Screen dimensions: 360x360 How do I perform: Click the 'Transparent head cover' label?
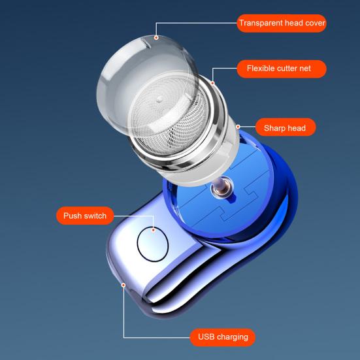click(282, 24)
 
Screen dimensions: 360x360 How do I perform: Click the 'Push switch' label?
click(85, 216)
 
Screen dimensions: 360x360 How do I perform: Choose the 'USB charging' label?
click(223, 337)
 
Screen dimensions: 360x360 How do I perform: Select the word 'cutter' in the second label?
click(287, 68)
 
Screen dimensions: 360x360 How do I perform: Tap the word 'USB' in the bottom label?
click(206, 337)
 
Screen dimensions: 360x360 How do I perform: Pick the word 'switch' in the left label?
click(95, 216)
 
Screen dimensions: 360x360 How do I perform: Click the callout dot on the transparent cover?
click(156, 38)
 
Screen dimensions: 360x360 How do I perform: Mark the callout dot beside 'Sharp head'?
click(237, 127)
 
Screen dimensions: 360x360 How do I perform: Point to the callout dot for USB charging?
click(123, 285)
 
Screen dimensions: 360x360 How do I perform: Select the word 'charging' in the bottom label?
click(232, 337)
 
